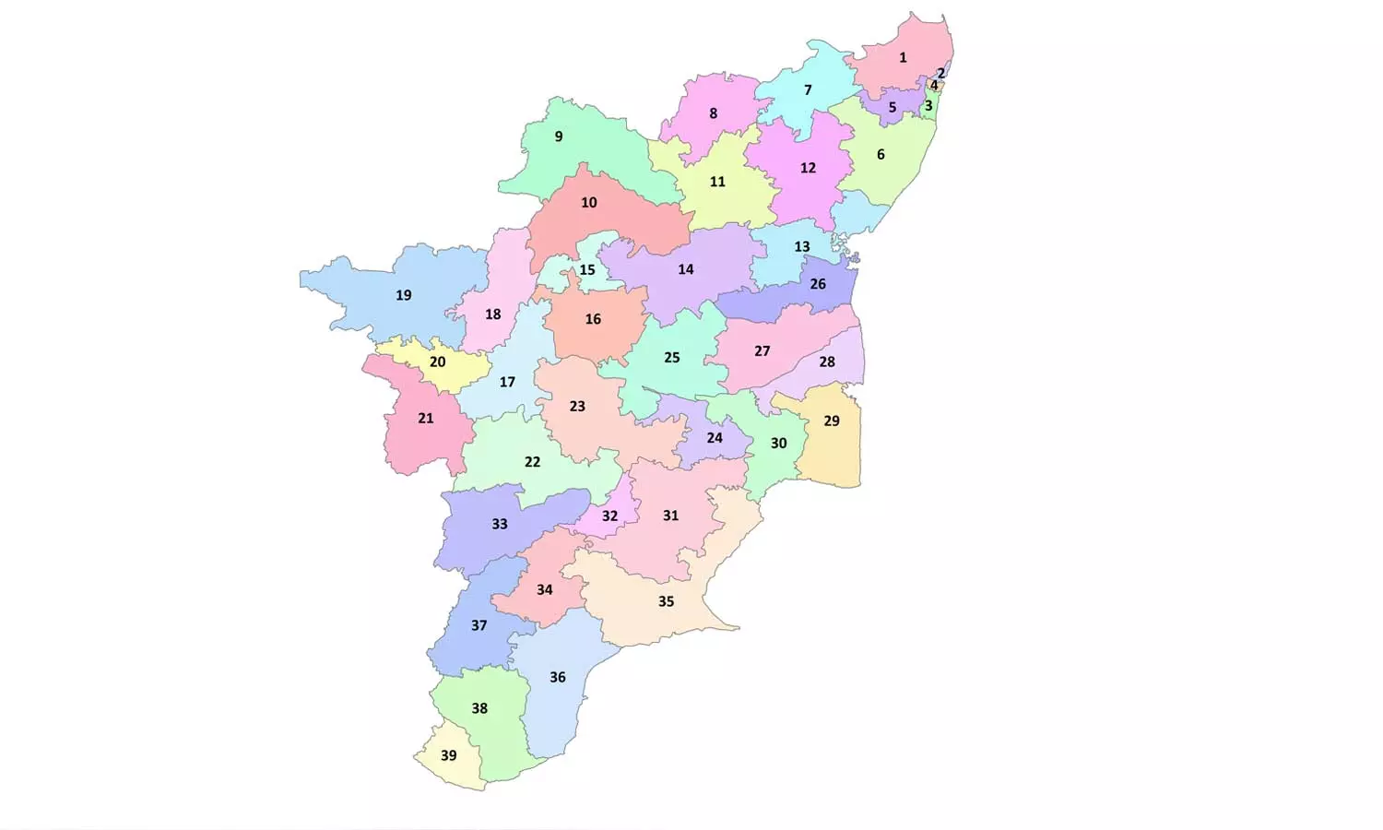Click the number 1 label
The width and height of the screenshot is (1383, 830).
(903, 57)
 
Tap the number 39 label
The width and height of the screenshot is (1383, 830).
(448, 755)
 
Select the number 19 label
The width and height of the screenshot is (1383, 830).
(404, 295)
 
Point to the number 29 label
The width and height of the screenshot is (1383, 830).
(832, 421)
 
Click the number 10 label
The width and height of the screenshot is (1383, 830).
(589, 202)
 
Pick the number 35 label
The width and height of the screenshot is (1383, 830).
(666, 601)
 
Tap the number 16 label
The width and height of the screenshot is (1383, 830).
(593, 319)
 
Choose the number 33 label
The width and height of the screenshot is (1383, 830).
(500, 524)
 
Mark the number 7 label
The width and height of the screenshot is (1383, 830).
(808, 89)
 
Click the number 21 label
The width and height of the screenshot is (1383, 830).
(426, 418)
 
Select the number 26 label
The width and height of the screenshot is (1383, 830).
(818, 284)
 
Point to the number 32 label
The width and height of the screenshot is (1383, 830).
(609, 516)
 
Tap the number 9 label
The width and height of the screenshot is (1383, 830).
(559, 136)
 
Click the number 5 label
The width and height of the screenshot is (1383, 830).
(892, 107)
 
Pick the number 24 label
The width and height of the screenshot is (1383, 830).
(715, 437)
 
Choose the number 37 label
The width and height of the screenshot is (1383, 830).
(479, 625)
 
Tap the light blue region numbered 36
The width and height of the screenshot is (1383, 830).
(558, 701)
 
